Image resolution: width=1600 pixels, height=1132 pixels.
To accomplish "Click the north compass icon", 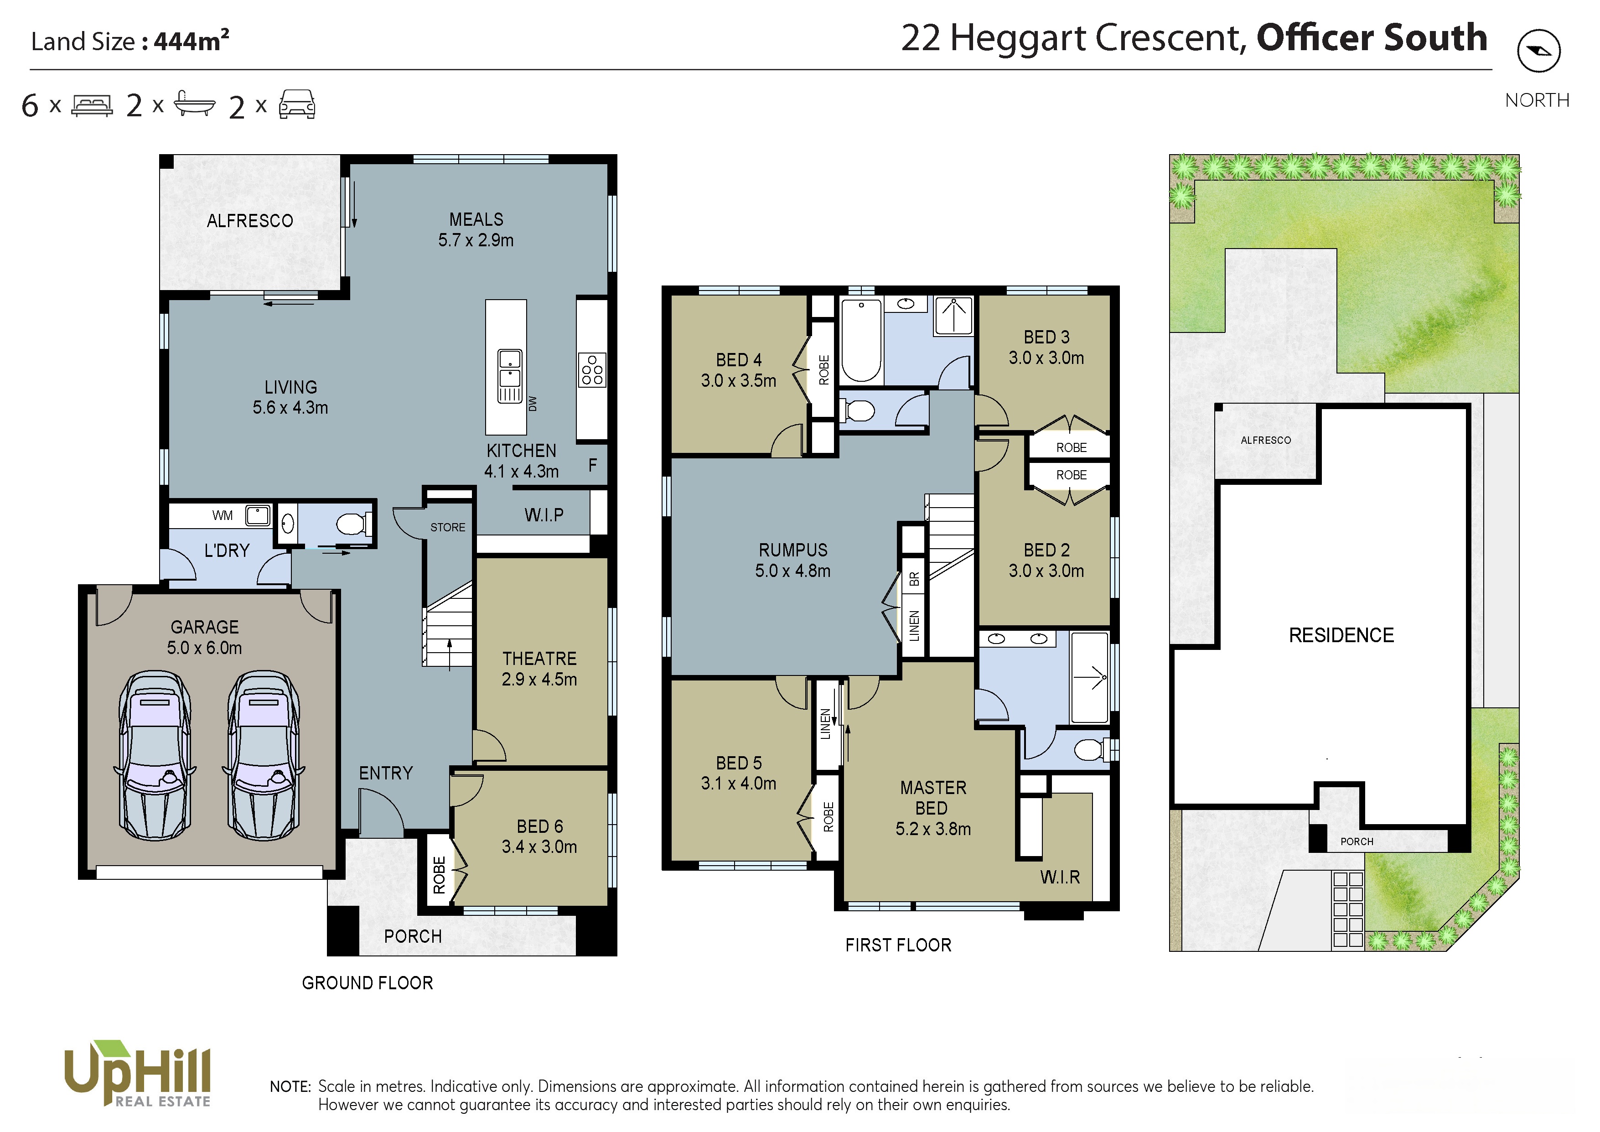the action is click(1539, 50).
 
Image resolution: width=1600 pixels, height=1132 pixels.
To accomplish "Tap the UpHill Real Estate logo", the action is click(137, 1074).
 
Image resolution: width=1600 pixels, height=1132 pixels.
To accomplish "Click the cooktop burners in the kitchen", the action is click(592, 369).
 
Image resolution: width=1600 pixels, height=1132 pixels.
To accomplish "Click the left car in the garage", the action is click(155, 755).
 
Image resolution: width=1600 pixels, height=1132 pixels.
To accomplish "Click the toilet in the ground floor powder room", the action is click(354, 523).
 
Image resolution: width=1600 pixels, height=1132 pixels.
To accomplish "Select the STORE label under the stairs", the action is click(447, 528).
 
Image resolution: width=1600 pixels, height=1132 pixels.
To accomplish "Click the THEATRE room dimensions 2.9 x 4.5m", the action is click(539, 679).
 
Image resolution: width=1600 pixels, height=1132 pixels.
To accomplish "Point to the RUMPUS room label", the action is click(793, 550).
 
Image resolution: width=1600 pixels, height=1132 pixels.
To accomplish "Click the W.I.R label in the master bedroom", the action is click(1060, 877).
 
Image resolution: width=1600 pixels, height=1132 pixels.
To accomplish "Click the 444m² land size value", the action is click(192, 41).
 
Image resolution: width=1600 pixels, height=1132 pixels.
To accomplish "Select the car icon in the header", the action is click(297, 104).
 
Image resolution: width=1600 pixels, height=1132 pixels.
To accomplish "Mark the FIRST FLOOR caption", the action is click(898, 945).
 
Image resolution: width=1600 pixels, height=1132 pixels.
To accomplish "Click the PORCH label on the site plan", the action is click(1357, 841).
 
